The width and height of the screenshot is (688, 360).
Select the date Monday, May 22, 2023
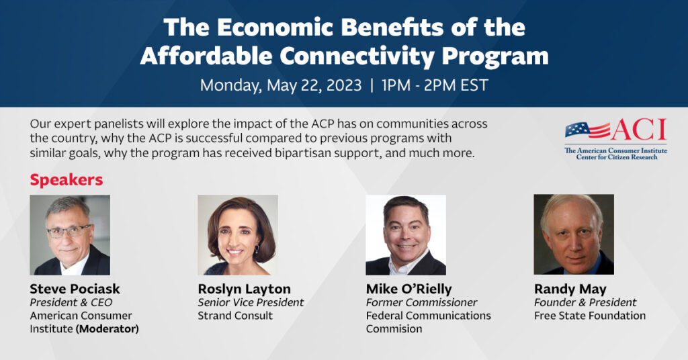click(281, 86)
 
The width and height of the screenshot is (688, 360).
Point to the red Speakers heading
click(66, 180)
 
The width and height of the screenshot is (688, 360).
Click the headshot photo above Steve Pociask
click(70, 235)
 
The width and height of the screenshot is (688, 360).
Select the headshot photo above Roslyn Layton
click(237, 235)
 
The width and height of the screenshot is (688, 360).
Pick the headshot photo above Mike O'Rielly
click(405, 235)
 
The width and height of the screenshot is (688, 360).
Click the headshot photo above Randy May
click(573, 235)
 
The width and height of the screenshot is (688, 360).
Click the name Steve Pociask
click(75, 289)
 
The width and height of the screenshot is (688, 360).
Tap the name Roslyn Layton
click(244, 289)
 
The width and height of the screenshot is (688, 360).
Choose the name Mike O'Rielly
click(408, 289)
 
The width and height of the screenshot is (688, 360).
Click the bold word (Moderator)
click(107, 329)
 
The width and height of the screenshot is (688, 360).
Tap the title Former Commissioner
click(421, 303)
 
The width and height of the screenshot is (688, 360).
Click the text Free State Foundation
click(589, 316)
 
